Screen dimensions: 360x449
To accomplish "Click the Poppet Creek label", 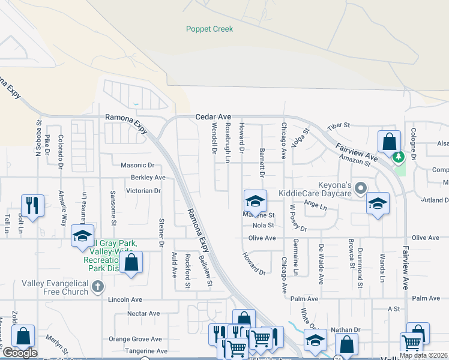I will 209,29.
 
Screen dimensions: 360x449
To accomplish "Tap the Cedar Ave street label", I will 212,117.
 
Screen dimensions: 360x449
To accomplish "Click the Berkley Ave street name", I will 148,178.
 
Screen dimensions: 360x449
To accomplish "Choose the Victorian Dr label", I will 143,191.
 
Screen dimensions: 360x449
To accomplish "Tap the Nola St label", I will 263,226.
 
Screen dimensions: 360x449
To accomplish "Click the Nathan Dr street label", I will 345,330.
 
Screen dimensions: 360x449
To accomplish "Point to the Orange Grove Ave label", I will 135,339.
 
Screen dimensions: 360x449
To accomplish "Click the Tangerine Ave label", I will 146,351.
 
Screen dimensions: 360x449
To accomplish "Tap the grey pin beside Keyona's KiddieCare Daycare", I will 360,188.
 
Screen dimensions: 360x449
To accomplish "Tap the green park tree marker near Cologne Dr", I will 397,157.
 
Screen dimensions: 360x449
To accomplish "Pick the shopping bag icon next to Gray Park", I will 131,262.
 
